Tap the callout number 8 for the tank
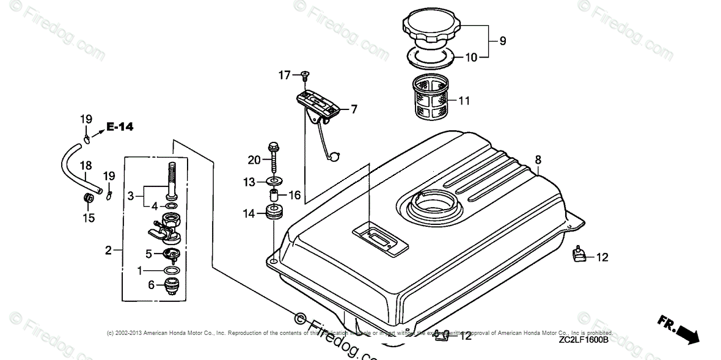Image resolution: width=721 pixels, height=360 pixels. (x=538, y=160)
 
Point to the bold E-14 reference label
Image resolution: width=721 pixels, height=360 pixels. (x=120, y=127)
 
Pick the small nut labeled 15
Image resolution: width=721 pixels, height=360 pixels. (x=87, y=198)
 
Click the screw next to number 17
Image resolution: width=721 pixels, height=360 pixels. (x=303, y=75)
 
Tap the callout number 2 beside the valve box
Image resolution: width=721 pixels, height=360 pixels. (x=108, y=250)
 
